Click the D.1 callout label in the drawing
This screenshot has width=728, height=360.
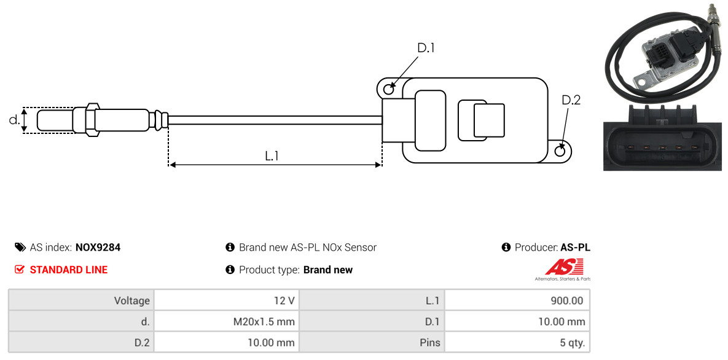click(426, 48)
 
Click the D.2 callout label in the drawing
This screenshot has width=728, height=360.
click(571, 100)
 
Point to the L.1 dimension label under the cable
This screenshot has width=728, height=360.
click(272, 156)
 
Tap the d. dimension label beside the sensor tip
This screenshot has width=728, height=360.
click(14, 119)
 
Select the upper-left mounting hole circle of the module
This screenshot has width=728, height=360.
click(389, 87)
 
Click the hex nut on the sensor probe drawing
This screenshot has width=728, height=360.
click(92, 120)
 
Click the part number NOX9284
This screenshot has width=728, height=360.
click(98, 248)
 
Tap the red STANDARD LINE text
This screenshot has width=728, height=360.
click(69, 270)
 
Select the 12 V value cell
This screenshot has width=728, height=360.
click(227, 300)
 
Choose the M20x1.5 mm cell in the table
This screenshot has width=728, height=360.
click(227, 321)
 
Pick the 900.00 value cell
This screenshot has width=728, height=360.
click(517, 300)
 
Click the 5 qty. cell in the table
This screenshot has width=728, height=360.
click(517, 343)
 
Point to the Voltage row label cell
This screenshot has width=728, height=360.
click(80, 300)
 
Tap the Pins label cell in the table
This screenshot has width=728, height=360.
click(372, 343)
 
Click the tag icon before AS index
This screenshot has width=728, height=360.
click(20, 247)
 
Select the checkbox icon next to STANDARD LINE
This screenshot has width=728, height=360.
click(20, 270)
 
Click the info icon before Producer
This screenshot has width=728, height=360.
click(506, 247)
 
